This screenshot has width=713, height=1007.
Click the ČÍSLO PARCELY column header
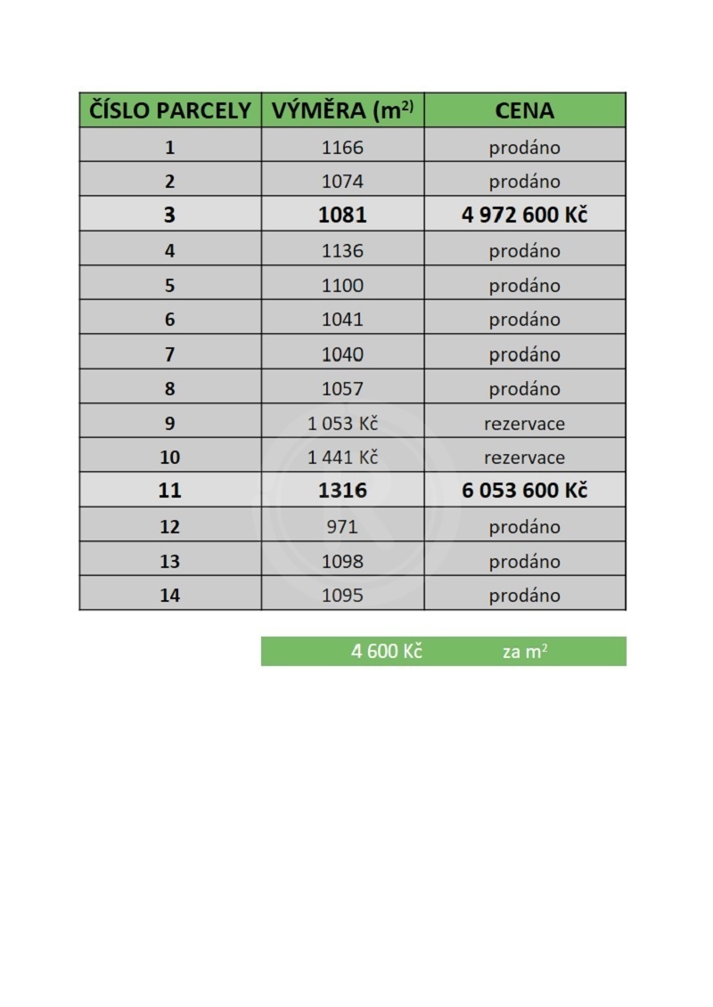point(170,110)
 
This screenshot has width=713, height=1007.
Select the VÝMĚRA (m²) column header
point(343,110)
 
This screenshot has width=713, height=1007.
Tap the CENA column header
point(524,110)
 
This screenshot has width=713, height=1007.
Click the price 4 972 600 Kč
point(524,215)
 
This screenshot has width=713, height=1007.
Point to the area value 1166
point(343,148)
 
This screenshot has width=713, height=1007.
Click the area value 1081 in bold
point(343,215)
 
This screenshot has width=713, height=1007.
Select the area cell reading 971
point(343,527)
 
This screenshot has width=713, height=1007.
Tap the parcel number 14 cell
point(169,596)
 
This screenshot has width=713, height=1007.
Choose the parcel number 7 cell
point(169,354)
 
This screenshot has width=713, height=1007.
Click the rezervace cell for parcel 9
point(524,424)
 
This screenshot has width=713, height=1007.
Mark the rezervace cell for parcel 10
point(524,458)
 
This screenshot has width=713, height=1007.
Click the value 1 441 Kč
point(343,458)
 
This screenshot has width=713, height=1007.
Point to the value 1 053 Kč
point(343,424)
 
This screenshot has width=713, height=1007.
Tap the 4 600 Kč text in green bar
point(386,652)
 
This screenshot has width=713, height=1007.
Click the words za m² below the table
point(524,652)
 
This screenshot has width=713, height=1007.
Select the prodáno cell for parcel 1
point(524,148)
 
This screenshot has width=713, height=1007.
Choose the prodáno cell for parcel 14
point(524,596)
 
